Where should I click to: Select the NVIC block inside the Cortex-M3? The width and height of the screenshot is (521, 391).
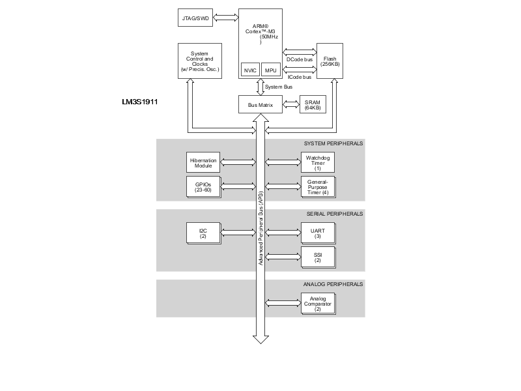coord(249,70)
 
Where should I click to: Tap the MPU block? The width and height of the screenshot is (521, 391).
coord(271,70)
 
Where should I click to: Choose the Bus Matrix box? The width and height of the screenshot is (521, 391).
coord(260,104)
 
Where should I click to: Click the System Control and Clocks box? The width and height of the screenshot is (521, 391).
coord(200,61)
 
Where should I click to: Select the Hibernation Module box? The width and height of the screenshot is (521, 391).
coord(203,162)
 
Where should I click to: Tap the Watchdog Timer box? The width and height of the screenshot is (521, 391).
coord(317,162)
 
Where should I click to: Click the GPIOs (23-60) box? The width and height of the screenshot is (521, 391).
coord(203,186)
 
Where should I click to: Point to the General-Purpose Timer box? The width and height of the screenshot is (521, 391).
coord(317,186)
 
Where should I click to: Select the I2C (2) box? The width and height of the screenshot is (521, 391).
coord(203,233)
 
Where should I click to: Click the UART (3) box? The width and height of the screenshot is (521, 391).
coord(317,233)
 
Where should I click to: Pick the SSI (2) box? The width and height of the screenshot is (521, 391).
coord(317,257)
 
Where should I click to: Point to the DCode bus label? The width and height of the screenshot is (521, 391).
coord(300,59)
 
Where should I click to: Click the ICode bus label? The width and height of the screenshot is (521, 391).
coord(300,77)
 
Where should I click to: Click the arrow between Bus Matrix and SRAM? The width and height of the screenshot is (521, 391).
coord(290,104)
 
